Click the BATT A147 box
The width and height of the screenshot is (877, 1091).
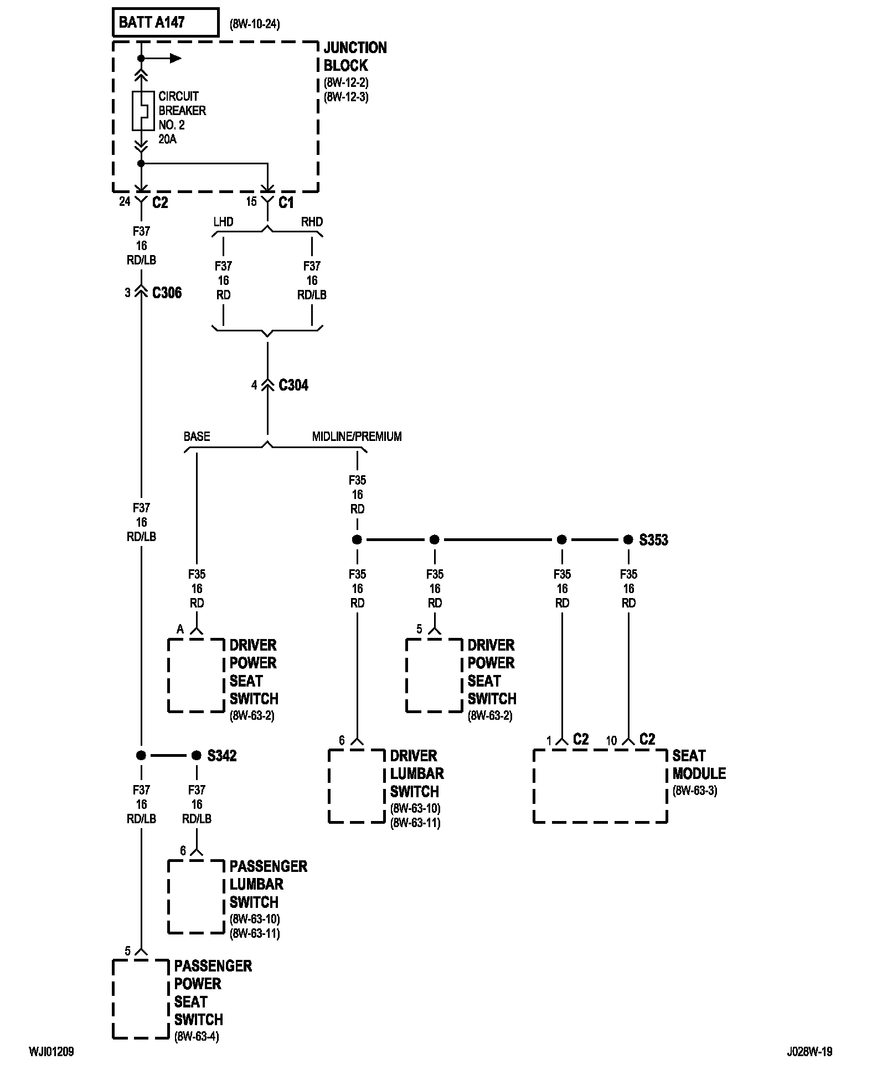[x=166, y=23]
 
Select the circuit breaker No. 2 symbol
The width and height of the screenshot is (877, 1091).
[x=142, y=111]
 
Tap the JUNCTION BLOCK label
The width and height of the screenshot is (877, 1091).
[x=355, y=56]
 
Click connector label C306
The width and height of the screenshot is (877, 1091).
[x=167, y=293]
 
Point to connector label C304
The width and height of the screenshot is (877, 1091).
[x=293, y=385]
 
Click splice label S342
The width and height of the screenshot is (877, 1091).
[x=222, y=755]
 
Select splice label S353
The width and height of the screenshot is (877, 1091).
[x=654, y=539]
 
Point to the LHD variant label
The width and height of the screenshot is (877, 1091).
[x=224, y=222]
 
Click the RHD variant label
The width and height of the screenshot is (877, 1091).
[x=312, y=222]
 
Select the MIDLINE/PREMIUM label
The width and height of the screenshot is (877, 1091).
[x=357, y=437]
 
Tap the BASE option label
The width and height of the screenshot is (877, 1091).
[x=197, y=437]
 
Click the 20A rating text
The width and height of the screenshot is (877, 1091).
[x=168, y=139]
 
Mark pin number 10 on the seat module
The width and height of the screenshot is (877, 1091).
[x=611, y=740]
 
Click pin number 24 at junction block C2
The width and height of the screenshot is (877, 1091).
[x=125, y=201]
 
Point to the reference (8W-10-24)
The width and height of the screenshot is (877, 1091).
[x=255, y=24]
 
